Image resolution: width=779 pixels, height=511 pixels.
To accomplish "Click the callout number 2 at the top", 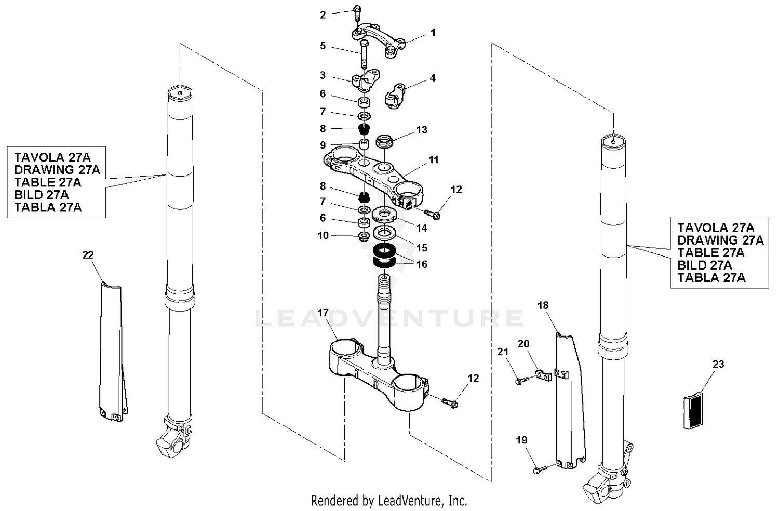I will click(x=323, y=15).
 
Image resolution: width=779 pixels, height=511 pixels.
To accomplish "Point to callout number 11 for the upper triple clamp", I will click(x=434, y=159).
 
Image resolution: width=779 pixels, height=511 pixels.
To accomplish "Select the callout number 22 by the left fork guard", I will click(x=88, y=254).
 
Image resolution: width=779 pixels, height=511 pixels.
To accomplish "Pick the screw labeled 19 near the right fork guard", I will click(x=538, y=470).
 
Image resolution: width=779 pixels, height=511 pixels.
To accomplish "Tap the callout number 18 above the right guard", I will click(x=543, y=305).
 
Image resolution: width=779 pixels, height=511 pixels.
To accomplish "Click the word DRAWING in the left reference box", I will click(x=44, y=170).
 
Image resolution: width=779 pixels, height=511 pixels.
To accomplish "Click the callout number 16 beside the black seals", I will click(x=422, y=264).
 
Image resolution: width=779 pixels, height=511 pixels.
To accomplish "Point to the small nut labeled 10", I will click(x=364, y=237).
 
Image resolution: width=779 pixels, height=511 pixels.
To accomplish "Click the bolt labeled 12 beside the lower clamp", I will click(x=449, y=401).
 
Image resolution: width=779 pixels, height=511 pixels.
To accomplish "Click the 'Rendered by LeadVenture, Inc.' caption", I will click(x=389, y=501).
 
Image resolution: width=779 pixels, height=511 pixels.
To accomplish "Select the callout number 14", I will click(x=422, y=227).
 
